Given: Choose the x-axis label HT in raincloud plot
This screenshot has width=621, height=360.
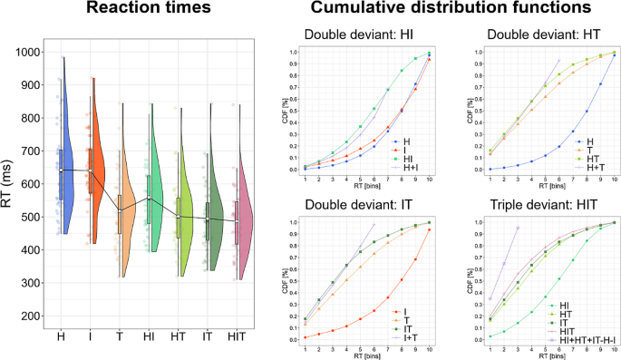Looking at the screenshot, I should [x=180, y=337].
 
